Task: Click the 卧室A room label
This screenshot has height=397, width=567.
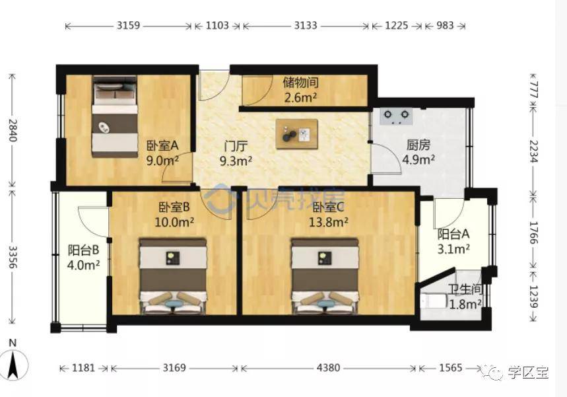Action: coord(162,145)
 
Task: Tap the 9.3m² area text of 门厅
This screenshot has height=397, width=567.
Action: coord(236,161)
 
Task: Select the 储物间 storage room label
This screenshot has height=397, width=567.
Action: coord(300,83)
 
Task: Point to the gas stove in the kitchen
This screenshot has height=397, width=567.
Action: coord(396,116)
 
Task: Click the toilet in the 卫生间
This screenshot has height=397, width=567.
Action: coord(433,301)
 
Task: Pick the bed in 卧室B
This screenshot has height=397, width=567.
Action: coord(173,275)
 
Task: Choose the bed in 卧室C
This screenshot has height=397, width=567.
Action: coord(325,275)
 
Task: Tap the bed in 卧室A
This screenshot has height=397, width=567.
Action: coord(115,116)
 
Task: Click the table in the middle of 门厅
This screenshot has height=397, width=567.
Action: coord(297,134)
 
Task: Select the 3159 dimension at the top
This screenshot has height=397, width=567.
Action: coord(128,26)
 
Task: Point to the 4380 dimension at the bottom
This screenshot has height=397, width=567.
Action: coord(328,368)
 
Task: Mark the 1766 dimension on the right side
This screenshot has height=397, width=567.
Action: coord(534,233)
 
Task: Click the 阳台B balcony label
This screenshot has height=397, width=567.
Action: coord(84,250)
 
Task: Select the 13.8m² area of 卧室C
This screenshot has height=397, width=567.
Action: coord(328,222)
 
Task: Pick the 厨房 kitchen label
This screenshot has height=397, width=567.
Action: coord(418,145)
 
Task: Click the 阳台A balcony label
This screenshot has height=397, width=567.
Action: coord(453,234)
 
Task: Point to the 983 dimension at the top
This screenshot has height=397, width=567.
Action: coord(445,26)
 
